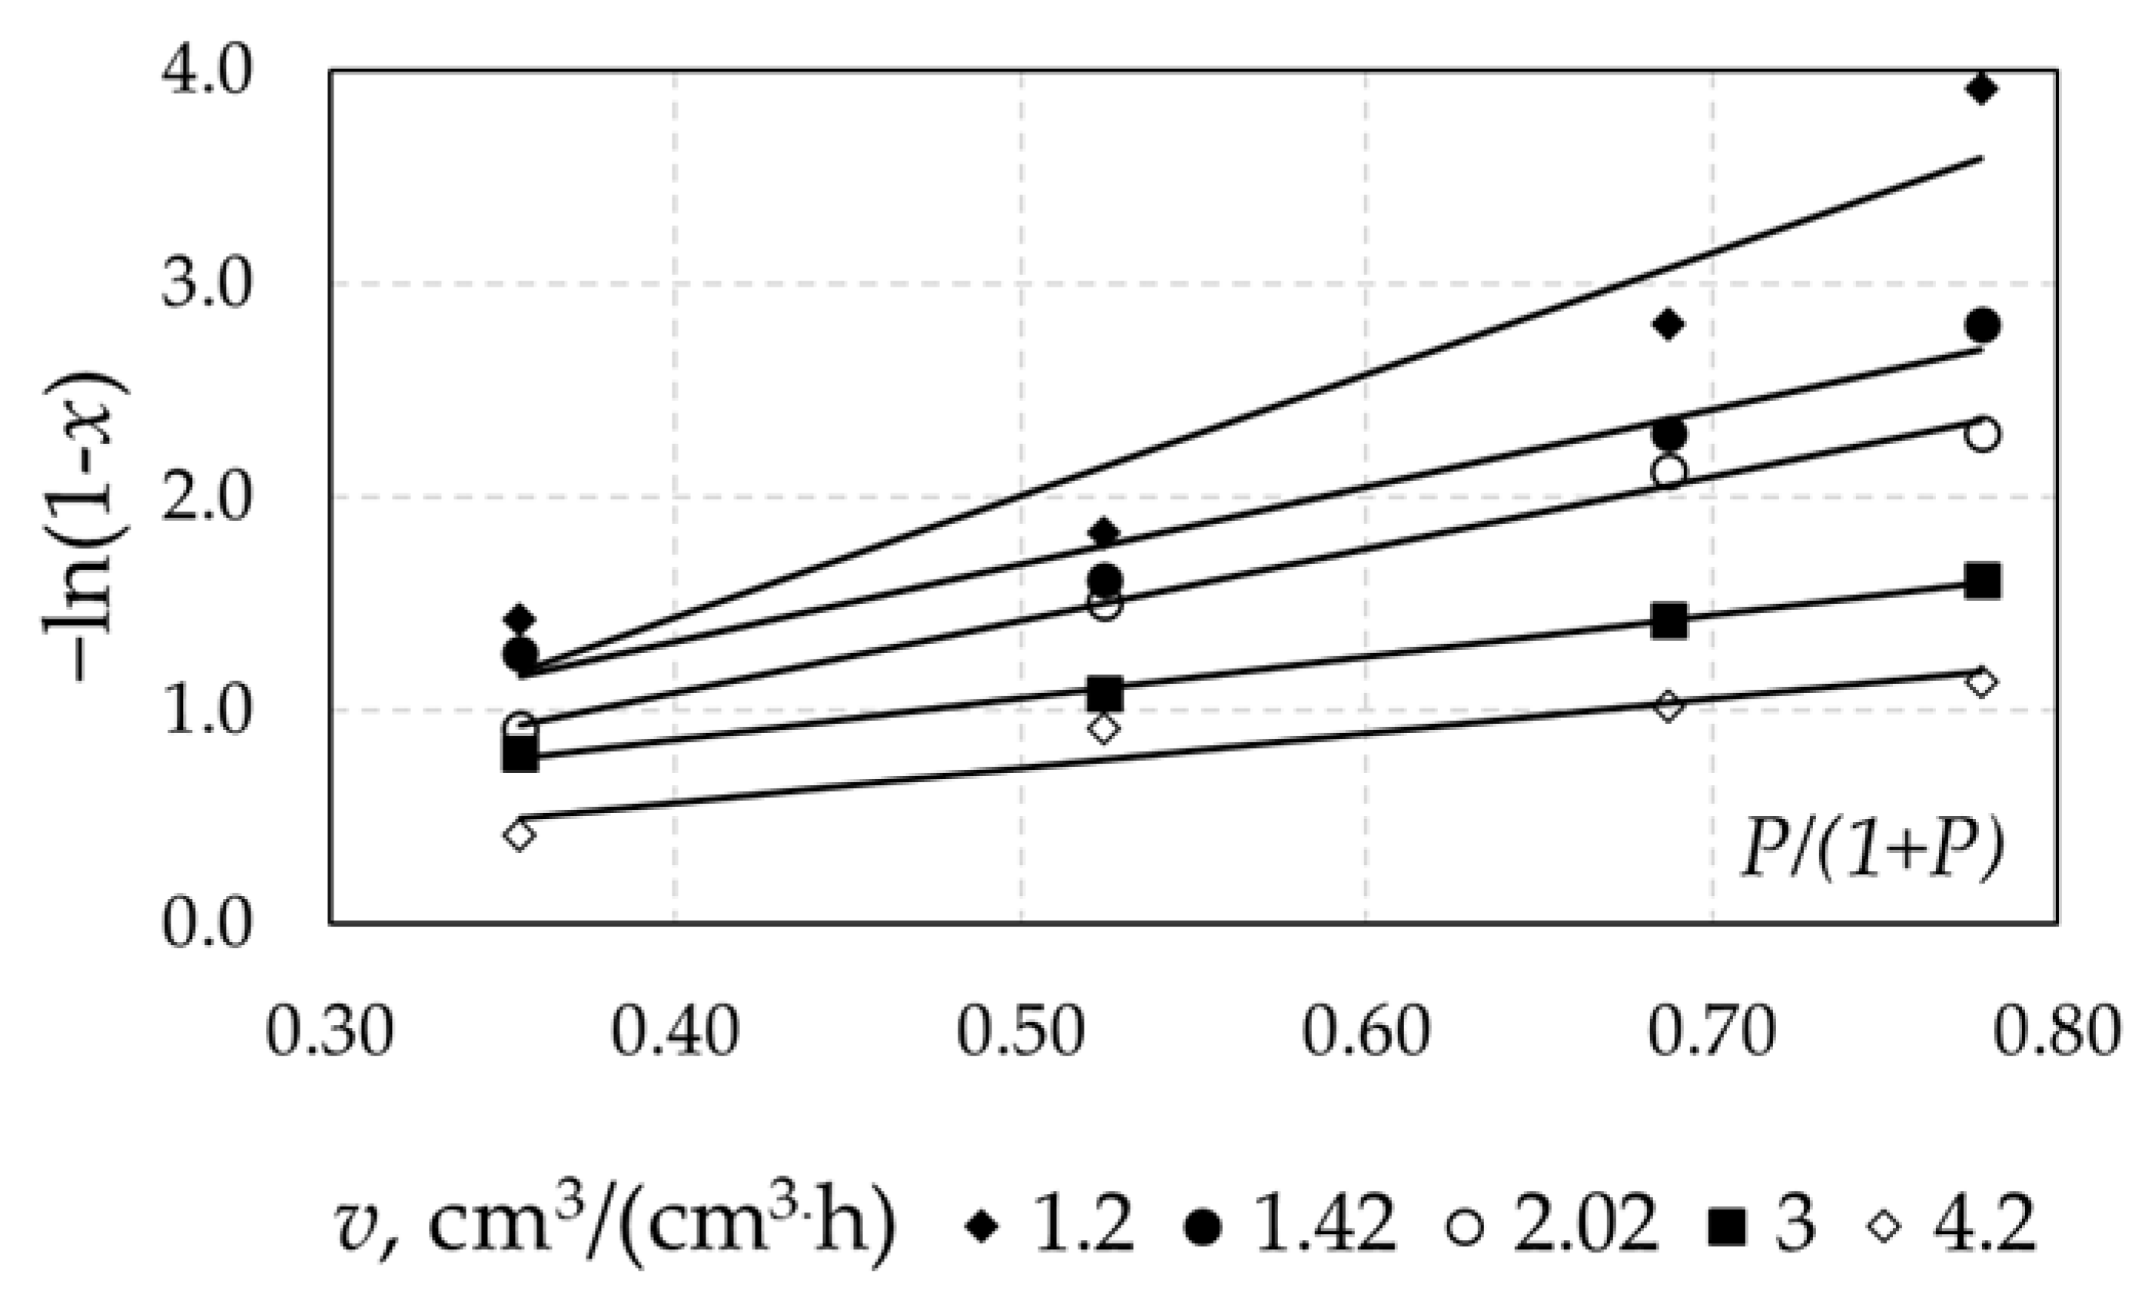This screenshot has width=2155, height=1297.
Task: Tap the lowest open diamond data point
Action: [520, 834]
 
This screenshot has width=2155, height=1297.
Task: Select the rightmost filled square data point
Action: [1982, 581]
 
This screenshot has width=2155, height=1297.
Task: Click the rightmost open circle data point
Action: [1982, 434]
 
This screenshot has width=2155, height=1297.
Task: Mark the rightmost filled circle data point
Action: [1982, 326]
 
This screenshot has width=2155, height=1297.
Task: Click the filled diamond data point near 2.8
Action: [1669, 324]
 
